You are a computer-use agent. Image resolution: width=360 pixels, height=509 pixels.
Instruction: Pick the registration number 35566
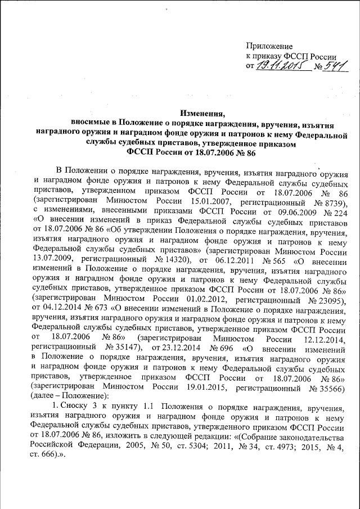coord(327,392)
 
